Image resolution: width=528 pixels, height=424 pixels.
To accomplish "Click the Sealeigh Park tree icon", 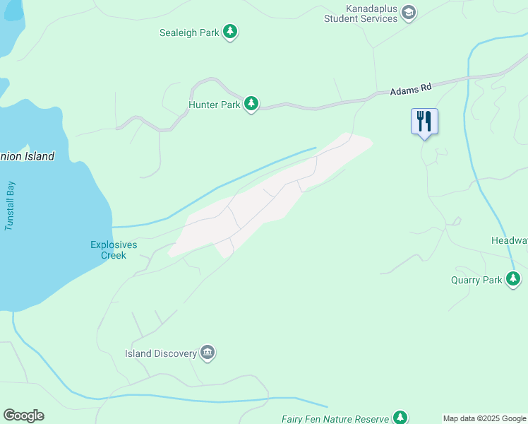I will (x=230, y=32).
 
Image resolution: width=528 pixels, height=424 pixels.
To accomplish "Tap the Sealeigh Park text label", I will (x=189, y=32).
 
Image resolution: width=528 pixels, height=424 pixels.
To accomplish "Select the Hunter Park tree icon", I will (x=251, y=105).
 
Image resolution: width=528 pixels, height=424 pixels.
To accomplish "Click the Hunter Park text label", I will (x=214, y=105).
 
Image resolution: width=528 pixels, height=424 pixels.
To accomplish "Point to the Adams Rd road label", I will (x=410, y=90).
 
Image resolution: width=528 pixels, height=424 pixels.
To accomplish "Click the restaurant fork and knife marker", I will (x=424, y=121).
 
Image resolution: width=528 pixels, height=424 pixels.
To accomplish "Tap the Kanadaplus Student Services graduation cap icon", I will (x=409, y=13).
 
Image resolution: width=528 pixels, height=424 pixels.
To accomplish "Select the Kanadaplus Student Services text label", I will (x=361, y=13).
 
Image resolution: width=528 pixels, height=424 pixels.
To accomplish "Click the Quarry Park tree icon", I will (x=513, y=280).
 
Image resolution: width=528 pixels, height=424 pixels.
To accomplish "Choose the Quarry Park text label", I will (x=476, y=280).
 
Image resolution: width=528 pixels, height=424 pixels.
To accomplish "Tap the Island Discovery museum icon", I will (x=207, y=353).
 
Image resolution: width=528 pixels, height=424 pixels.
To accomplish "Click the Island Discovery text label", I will (x=160, y=353).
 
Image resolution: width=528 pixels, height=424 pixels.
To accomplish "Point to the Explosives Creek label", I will (x=114, y=250).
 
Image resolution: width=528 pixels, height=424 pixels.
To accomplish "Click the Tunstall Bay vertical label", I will (x=11, y=206).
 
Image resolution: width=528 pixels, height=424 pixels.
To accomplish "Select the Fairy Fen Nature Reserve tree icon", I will (x=401, y=418).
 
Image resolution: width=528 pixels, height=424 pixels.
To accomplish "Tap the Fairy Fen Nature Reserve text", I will (x=335, y=419).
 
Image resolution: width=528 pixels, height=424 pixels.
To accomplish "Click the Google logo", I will (x=23, y=416).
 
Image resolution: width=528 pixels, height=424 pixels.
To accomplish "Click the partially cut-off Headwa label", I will (x=509, y=240).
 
